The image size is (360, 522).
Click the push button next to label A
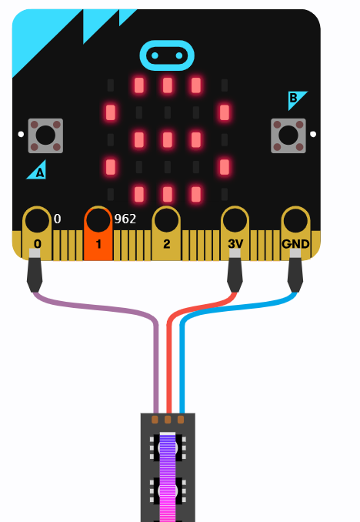[45, 136]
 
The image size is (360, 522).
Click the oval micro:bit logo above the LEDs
[167, 55]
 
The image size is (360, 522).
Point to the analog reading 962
[125, 219]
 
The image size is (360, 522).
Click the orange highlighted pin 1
[98, 234]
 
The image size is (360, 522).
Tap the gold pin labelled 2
[166, 233]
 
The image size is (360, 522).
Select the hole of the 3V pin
[235, 220]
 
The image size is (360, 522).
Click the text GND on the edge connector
[295, 244]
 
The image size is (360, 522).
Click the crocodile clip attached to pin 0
[35, 270]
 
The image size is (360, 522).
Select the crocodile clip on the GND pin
[295, 270]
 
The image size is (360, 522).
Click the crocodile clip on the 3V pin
[235, 270]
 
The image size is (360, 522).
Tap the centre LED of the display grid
[168, 139]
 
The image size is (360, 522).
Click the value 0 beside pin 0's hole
[57, 219]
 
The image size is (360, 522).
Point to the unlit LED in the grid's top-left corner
[111, 85]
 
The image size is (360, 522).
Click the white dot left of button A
[21, 134]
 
